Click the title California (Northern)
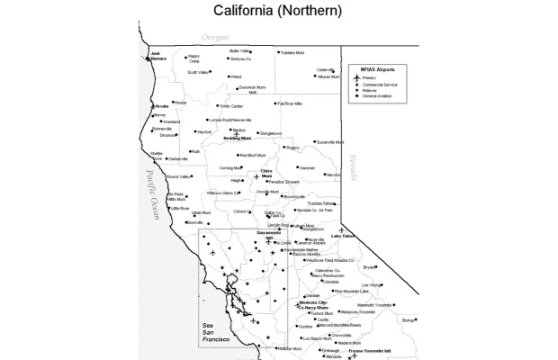[x=278, y=11]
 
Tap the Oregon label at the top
[x=215, y=37]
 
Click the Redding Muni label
[x=238, y=139]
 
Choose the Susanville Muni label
[x=331, y=141]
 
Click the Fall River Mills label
[x=296, y=103]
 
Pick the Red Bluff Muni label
[x=254, y=156]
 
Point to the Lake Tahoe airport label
[x=343, y=236]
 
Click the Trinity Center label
[x=231, y=105]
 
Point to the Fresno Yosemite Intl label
[x=375, y=351]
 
